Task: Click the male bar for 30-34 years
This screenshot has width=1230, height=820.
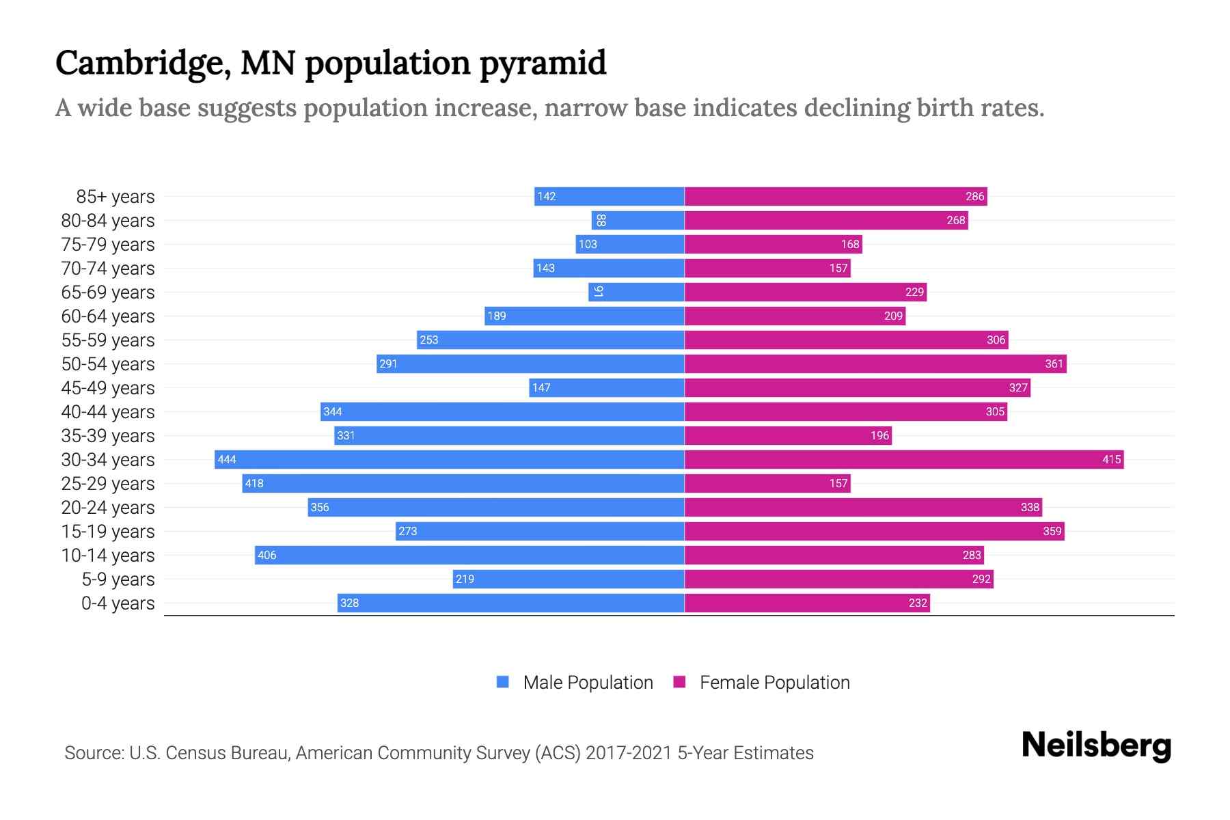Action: [x=450, y=459]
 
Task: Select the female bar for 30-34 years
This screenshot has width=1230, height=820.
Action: [x=903, y=459]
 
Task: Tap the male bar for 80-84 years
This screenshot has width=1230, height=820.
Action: [x=638, y=220]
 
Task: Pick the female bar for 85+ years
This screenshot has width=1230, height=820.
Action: [x=835, y=196]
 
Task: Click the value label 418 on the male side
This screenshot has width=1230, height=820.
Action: [x=254, y=483]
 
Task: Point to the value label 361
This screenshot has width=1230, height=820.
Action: [x=1054, y=364]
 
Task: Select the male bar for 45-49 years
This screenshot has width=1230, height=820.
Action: [x=607, y=387]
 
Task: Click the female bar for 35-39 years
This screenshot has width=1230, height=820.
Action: [x=787, y=435]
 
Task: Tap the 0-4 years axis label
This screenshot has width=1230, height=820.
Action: [x=118, y=603]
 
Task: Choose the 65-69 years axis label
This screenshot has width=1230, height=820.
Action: [x=108, y=292]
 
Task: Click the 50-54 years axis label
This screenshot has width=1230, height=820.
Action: [x=108, y=364]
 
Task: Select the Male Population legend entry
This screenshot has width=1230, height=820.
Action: [x=588, y=682]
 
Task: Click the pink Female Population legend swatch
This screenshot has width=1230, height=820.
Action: [x=679, y=682]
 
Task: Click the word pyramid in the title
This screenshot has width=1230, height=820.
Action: [x=543, y=64]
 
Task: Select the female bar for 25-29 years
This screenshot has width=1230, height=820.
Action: [x=767, y=483]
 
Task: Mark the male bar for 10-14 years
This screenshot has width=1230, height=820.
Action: [x=469, y=555]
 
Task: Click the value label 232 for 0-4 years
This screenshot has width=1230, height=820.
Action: [x=918, y=603]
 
